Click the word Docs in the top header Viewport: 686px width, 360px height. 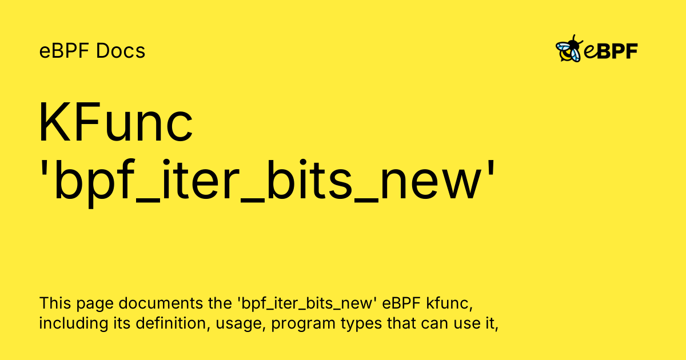coord(121,50)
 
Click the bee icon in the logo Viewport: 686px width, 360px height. coord(569,49)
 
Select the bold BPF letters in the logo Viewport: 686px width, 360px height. coord(617,51)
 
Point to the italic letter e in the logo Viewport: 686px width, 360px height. coord(590,52)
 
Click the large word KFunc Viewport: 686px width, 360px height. coord(115,122)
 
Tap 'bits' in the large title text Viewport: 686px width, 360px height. coord(309,179)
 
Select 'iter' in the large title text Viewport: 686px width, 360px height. coord(200,179)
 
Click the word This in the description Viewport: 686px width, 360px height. coord(55,303)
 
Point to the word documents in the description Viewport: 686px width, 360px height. coord(161,303)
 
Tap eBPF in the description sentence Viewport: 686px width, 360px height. coord(401,303)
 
